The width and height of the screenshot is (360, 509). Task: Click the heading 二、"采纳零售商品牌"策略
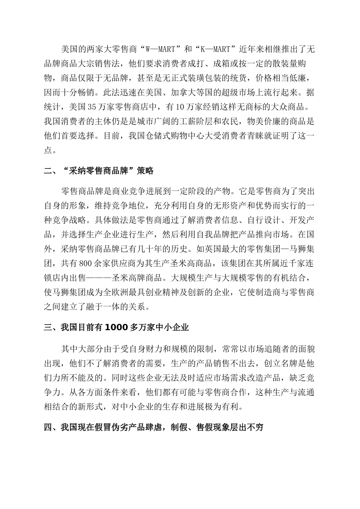click(99, 170)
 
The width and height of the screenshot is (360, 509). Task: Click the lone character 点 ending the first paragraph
click(48, 150)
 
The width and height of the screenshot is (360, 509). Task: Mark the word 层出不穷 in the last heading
click(246, 428)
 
